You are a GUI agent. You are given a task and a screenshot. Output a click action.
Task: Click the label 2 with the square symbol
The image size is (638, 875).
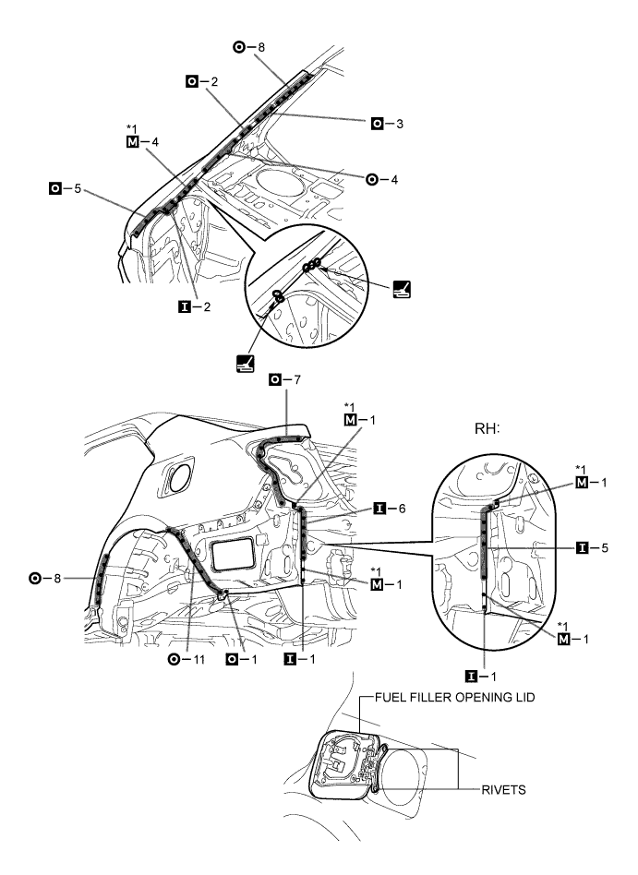(202, 82)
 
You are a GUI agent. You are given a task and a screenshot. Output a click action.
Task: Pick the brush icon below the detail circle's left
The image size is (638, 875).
(246, 365)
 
